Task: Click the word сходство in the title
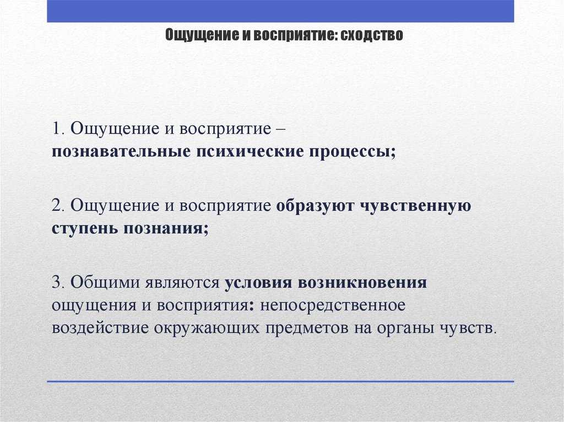click(372, 35)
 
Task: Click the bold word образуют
click(315, 206)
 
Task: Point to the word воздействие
click(100, 328)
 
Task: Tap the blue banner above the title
click(280, 11)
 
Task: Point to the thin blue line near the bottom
click(280, 381)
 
